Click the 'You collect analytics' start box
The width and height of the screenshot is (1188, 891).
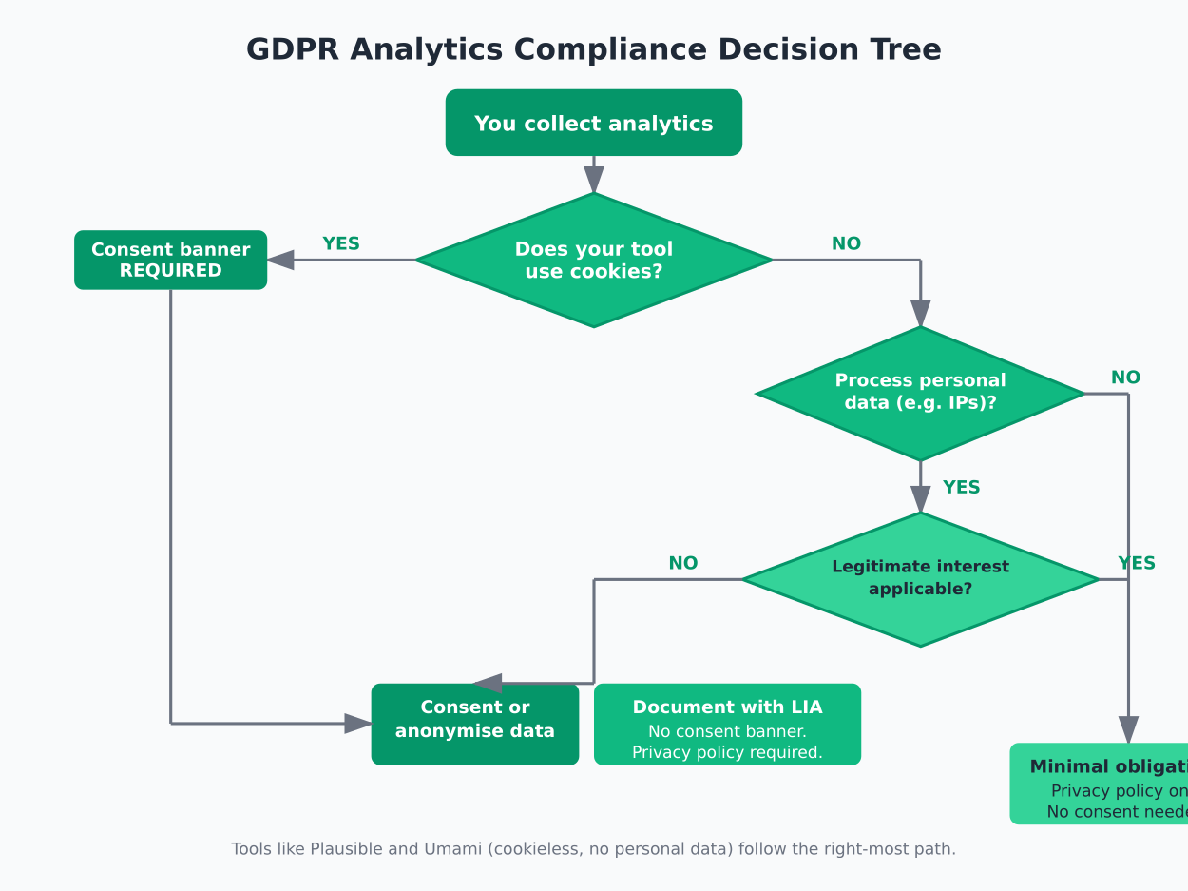point(593,123)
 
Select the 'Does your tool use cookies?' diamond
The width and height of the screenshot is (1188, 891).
point(593,260)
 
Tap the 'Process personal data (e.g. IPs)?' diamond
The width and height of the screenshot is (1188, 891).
point(920,392)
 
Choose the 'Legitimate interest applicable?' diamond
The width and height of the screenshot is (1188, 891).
point(920,578)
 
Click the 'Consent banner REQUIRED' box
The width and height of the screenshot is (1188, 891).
point(170,260)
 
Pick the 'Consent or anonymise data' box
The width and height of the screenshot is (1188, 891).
point(474,723)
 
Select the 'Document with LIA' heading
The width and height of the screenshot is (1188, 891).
point(727,707)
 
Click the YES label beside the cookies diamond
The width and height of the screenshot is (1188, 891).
point(341,243)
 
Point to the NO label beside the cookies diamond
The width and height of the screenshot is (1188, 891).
point(846,243)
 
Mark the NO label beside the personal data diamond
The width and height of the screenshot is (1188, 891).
point(1125,378)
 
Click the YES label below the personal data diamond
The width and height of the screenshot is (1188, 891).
point(961,488)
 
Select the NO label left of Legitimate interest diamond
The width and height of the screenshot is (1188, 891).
point(682,563)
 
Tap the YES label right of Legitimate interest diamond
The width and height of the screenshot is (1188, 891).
point(1137,563)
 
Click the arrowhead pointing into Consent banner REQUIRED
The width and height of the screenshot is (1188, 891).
point(280,260)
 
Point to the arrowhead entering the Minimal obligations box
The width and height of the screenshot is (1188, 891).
point(1128,729)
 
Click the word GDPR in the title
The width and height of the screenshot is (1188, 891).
point(292,49)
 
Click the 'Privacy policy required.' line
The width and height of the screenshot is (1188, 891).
point(727,752)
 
